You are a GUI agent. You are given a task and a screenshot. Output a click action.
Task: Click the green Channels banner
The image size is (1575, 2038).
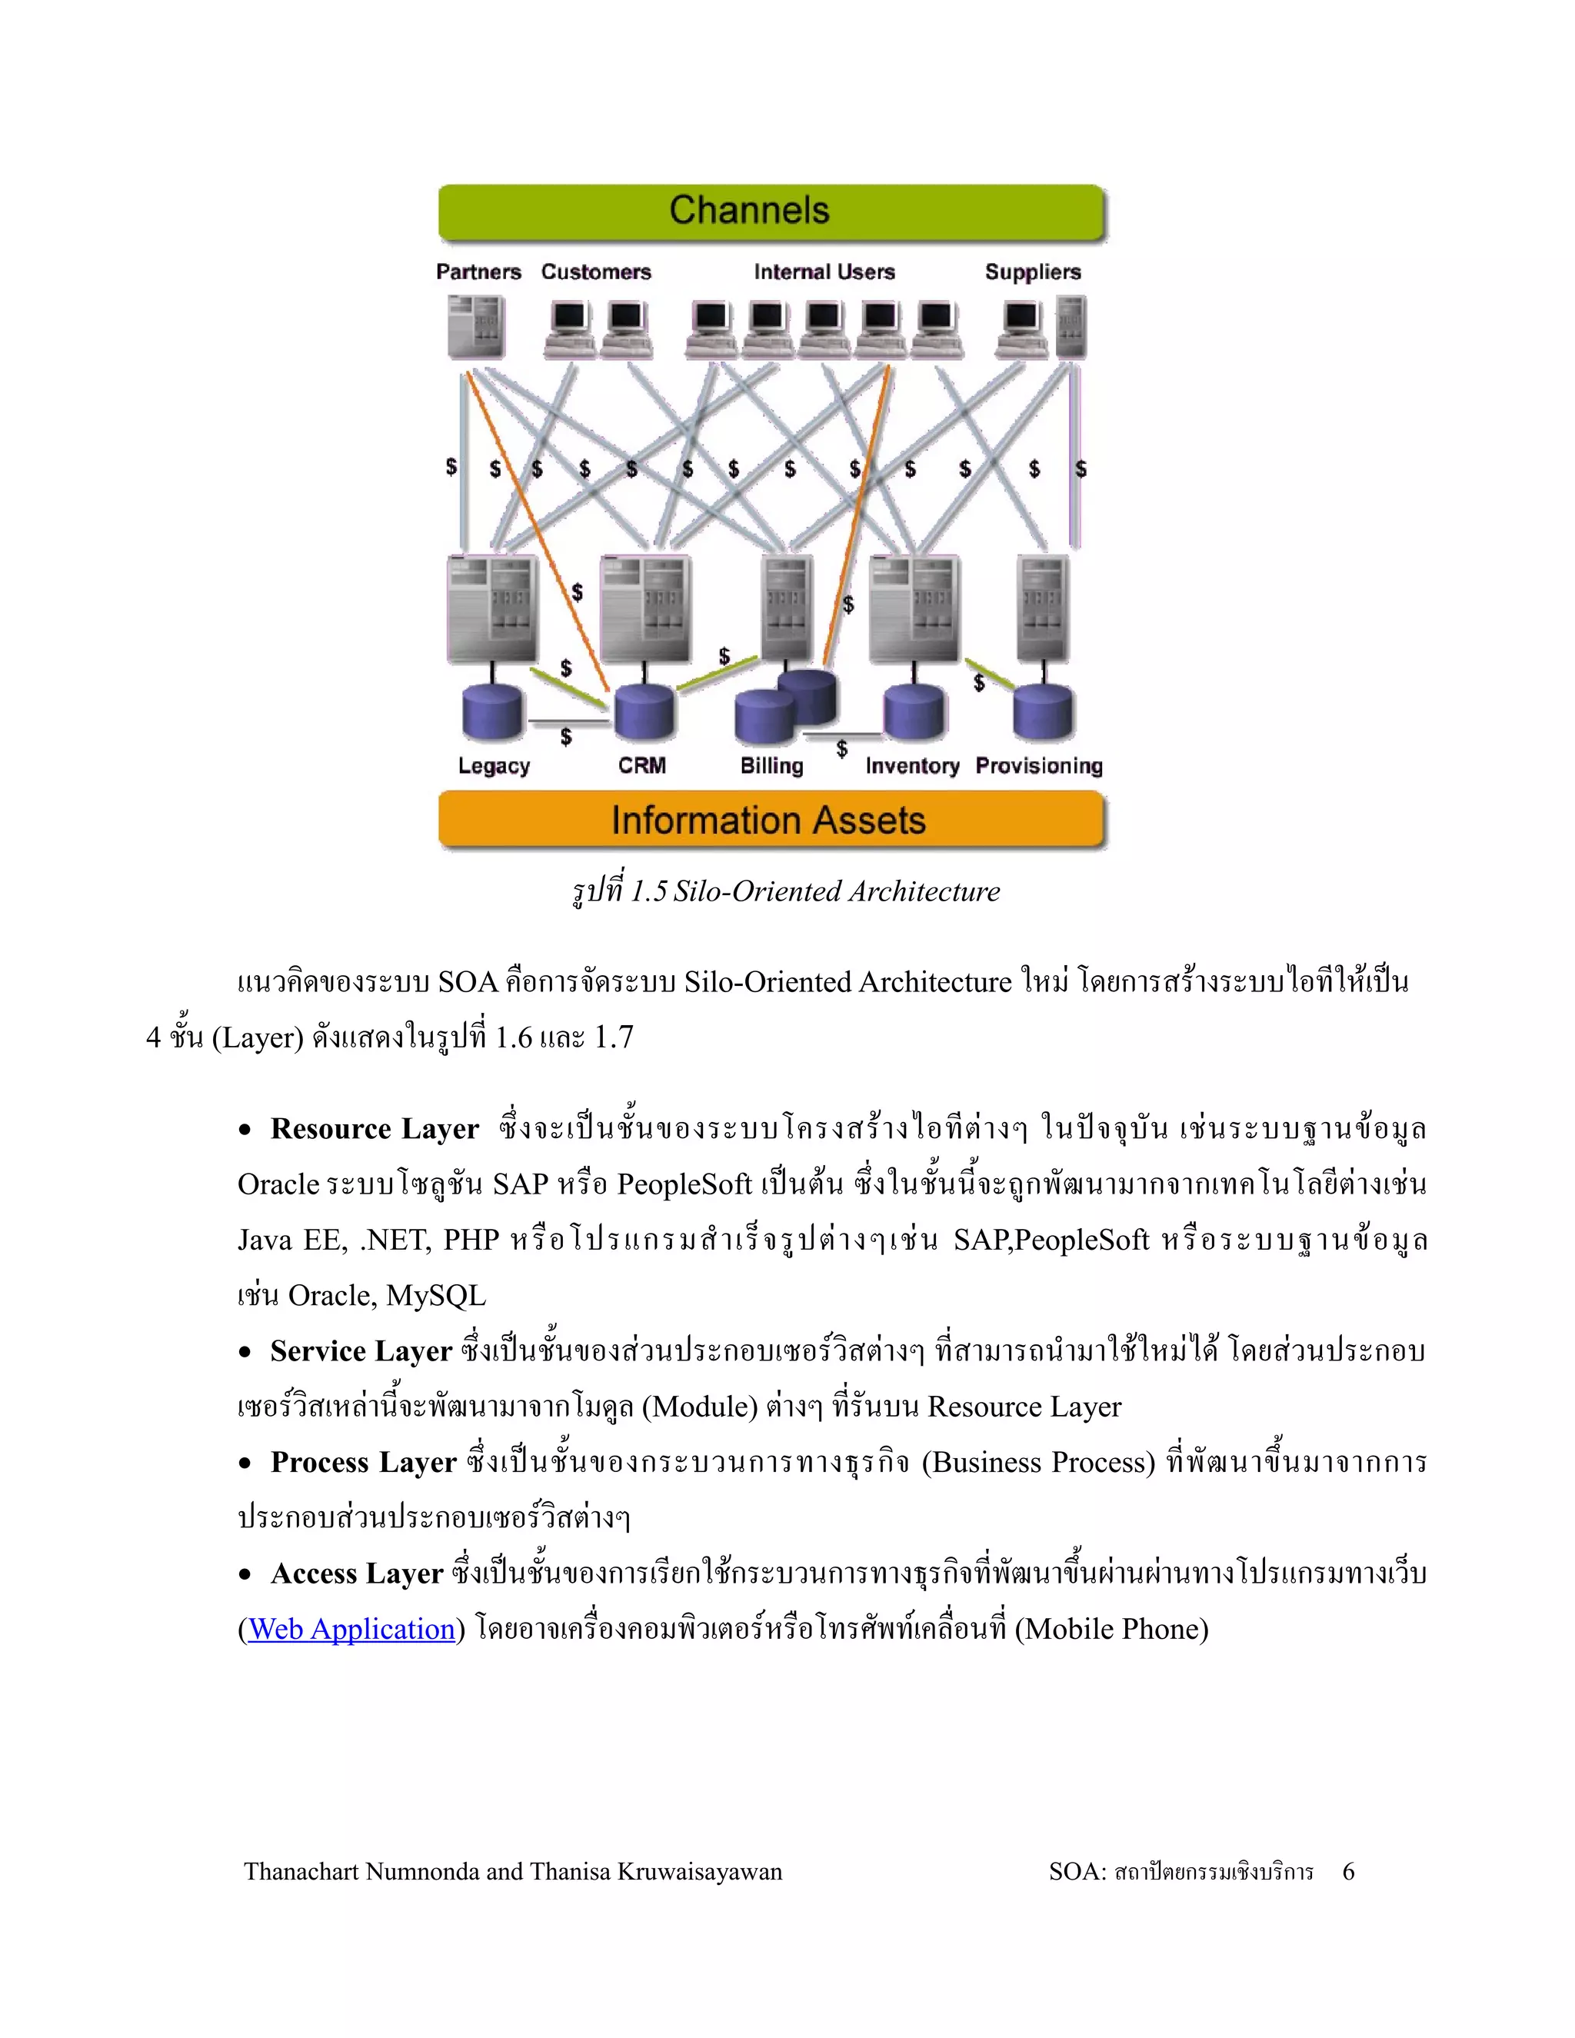pyautogui.click(x=771, y=211)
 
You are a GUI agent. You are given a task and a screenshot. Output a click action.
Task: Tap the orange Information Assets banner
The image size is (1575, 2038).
pyautogui.click(x=771, y=821)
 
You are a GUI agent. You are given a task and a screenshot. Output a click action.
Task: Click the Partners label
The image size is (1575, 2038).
pyautogui.click(x=478, y=272)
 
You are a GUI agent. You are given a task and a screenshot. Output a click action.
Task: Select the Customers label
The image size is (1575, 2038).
pyautogui.click(x=596, y=272)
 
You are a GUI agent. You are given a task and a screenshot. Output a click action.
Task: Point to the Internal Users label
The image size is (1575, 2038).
pyautogui.click(x=824, y=272)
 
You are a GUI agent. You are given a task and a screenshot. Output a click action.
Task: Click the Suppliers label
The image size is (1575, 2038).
pyautogui.click(x=1033, y=272)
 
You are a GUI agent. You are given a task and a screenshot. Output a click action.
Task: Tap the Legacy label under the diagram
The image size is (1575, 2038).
pyautogui.click(x=494, y=766)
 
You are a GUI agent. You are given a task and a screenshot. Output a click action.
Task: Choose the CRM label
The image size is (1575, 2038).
pyautogui.click(x=642, y=765)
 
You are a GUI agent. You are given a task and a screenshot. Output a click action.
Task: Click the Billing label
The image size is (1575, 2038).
pyautogui.click(x=771, y=765)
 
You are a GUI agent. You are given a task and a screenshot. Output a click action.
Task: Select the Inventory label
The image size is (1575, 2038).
pyautogui.click(x=911, y=766)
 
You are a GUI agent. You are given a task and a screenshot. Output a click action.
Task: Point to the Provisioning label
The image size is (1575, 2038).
pyautogui.click(x=1038, y=766)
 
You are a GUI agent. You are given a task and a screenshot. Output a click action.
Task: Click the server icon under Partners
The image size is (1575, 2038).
pyautogui.click(x=475, y=328)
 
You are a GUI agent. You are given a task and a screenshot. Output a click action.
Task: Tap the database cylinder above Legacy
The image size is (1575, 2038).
pyautogui.click(x=493, y=712)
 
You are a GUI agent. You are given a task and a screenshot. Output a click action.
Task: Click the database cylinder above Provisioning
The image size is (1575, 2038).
pyautogui.click(x=1043, y=712)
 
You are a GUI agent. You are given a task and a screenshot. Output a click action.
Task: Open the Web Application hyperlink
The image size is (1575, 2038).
pyautogui.click(x=351, y=1630)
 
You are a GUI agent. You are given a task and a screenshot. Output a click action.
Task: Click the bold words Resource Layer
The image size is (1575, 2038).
pyautogui.click(x=375, y=1129)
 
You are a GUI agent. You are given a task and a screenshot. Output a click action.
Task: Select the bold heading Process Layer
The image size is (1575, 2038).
pyautogui.click(x=363, y=1462)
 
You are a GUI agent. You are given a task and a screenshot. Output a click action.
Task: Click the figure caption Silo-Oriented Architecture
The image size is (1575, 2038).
pyautogui.click(x=836, y=891)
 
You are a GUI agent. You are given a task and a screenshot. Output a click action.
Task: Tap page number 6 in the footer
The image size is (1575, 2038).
pyautogui.click(x=1348, y=1872)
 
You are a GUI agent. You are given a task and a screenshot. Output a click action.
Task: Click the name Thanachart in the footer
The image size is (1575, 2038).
pyautogui.click(x=301, y=1872)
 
